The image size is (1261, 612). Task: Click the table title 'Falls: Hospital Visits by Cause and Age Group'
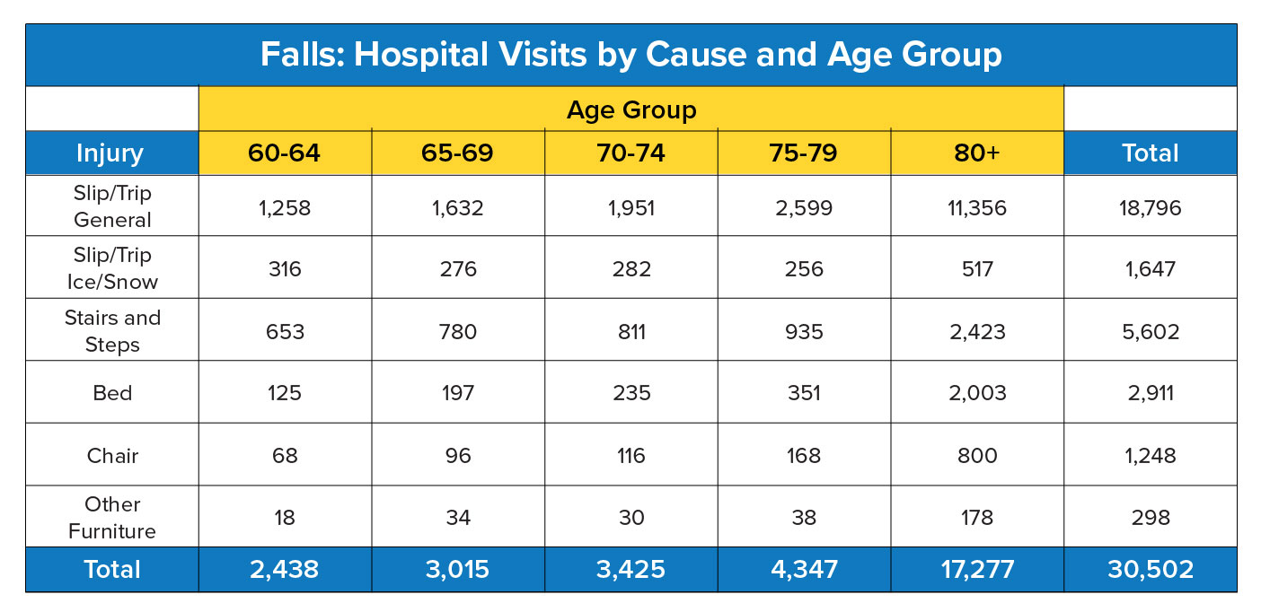[x=630, y=55]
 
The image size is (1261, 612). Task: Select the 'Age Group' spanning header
[x=630, y=109]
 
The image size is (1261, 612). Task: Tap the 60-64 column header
[x=284, y=153]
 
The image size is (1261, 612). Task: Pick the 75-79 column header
[x=804, y=153]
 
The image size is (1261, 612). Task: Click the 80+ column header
[x=977, y=153]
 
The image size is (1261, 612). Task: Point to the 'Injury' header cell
[x=111, y=153]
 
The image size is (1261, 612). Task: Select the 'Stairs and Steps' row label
[x=112, y=331]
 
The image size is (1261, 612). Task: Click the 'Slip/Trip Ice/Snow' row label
[x=112, y=268]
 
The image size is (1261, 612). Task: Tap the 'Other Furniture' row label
[x=112, y=518]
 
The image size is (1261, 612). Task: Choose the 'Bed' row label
[x=112, y=393]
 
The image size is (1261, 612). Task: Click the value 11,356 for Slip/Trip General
[x=977, y=207]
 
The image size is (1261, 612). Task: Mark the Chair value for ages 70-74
[x=630, y=456]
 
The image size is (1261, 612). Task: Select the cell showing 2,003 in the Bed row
[x=977, y=393]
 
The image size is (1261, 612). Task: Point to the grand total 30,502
[x=1150, y=569]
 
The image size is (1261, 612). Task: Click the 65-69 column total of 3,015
[x=457, y=569]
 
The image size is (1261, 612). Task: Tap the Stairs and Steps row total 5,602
[x=1150, y=331]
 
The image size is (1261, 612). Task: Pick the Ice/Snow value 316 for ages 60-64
[x=284, y=269]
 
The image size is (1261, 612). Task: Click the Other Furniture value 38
[x=804, y=518]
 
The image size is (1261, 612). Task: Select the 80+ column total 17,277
[x=977, y=569]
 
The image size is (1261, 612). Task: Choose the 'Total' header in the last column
[x=1150, y=153]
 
